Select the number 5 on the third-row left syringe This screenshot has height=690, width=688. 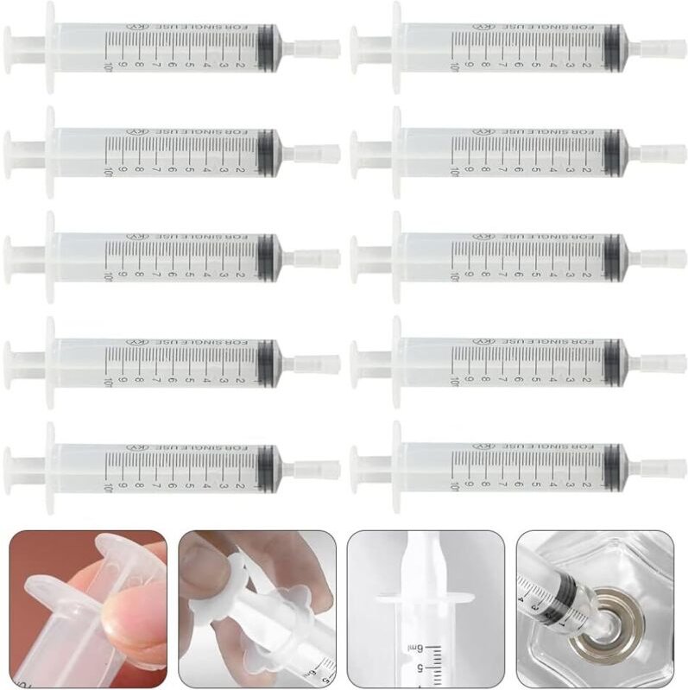coord(188,275)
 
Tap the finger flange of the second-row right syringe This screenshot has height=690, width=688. coord(396,153)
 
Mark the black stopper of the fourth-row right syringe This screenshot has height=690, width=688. coord(613,362)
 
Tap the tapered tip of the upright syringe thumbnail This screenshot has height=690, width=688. coord(425,553)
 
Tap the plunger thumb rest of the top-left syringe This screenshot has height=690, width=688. coord(8,47)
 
